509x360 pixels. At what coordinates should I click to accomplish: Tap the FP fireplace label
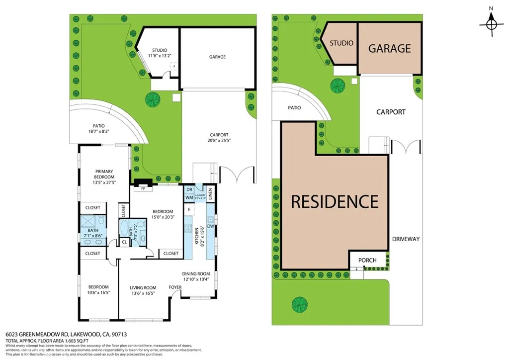click(x=143, y=189)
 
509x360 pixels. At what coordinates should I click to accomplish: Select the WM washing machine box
click(x=189, y=197)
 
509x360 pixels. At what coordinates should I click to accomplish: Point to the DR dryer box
click(x=189, y=189)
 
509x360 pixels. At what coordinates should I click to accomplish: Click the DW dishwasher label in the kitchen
click(x=211, y=226)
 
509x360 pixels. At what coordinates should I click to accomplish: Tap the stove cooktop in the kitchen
click(x=188, y=229)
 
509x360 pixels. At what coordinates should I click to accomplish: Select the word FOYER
click(x=175, y=287)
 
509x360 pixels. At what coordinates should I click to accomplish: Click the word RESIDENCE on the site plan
click(x=334, y=202)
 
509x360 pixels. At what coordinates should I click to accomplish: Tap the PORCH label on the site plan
click(x=367, y=260)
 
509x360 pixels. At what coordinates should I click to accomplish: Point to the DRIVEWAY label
click(x=406, y=239)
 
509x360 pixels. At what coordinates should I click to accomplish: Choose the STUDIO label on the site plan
click(x=341, y=43)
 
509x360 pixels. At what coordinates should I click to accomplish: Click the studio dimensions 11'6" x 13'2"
click(x=160, y=56)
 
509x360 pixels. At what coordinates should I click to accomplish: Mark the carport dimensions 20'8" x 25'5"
click(x=219, y=140)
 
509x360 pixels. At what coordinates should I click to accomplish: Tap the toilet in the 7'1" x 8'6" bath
click(x=101, y=221)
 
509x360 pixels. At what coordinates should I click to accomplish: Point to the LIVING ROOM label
click(x=143, y=287)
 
